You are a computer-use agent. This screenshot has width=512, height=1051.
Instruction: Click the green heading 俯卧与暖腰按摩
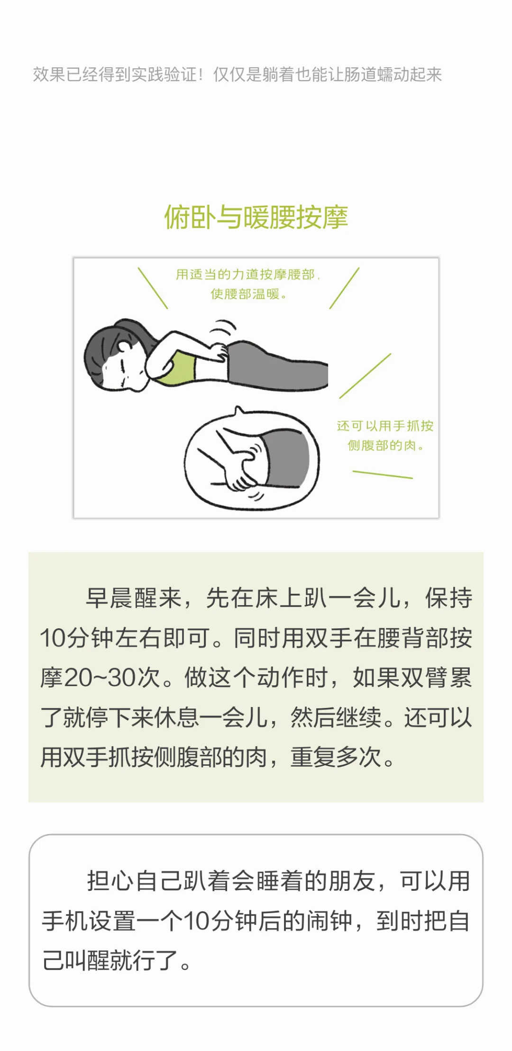[256, 217]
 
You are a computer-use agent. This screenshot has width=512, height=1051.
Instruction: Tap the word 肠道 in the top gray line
[360, 74]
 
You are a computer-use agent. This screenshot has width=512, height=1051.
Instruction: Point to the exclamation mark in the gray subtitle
[201, 74]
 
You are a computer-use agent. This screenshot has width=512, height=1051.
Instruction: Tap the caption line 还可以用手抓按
[385, 426]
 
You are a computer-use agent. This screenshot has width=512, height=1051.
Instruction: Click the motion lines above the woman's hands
[223, 328]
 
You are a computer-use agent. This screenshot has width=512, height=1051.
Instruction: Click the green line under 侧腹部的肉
[383, 474]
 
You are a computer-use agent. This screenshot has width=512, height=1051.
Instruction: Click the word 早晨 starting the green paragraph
[110, 598]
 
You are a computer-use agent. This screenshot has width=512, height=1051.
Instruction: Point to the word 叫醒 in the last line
[89, 960]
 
